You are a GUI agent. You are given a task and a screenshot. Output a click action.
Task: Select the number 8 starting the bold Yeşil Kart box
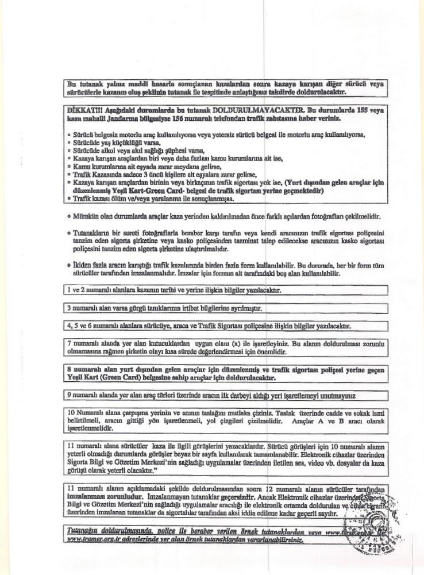tap(69, 371)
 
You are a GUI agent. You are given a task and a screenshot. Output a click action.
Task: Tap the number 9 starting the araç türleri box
tap(69, 396)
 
